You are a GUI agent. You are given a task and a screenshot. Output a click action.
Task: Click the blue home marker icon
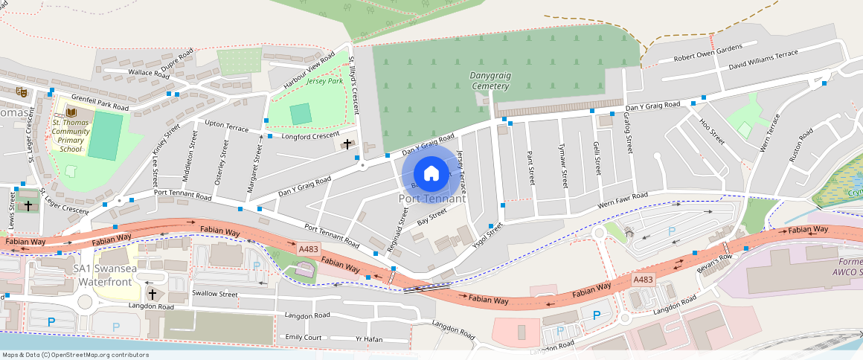[x=431, y=173]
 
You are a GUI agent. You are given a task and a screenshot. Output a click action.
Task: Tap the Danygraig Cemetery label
[x=490, y=80]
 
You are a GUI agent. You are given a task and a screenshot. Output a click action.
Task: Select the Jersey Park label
[x=324, y=81]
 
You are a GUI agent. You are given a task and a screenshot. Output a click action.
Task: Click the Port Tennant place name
[x=432, y=199]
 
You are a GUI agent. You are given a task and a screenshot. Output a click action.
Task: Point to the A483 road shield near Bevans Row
[x=643, y=278]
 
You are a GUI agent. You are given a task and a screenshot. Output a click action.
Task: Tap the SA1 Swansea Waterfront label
[x=103, y=274]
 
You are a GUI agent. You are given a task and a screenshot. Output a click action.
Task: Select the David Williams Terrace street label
[x=763, y=59]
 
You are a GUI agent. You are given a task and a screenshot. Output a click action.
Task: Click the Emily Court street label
[x=304, y=338]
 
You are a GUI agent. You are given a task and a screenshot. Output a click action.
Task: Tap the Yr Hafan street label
[x=368, y=338]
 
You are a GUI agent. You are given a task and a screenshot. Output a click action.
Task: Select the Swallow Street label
[x=215, y=294]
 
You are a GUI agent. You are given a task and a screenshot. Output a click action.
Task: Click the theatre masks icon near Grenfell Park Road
[x=22, y=91]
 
